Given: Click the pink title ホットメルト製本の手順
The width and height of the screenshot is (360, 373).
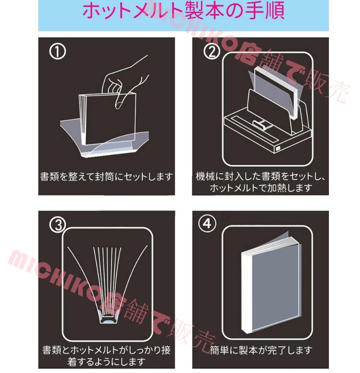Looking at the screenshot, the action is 183,10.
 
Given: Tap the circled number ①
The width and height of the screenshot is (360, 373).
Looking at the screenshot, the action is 57,52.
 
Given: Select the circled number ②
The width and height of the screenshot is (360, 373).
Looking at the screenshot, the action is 211,52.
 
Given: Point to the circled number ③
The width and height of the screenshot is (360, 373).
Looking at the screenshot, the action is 58,224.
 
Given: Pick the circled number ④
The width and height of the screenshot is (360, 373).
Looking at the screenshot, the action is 207,223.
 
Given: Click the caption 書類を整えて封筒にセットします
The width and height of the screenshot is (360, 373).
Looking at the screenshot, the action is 106,177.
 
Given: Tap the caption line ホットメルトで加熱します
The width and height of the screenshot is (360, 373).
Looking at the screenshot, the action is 261,188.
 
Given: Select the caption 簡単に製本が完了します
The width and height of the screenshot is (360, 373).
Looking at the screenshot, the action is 261,350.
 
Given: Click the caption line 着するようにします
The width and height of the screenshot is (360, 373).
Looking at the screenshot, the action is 106,362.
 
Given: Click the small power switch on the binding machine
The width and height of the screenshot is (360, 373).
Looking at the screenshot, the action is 278,149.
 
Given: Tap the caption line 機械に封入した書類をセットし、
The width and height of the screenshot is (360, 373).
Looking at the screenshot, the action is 260,177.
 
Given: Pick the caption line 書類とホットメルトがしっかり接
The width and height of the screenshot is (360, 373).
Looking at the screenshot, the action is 106,350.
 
